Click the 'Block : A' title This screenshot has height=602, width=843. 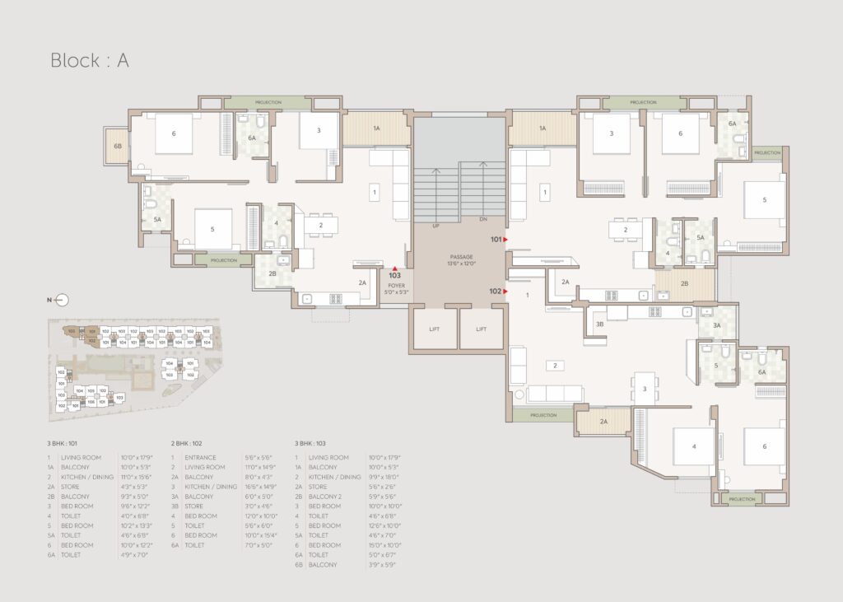(90, 60)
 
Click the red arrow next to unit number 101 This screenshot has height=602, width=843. (505, 240)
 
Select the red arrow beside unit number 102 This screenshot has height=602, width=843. (505, 291)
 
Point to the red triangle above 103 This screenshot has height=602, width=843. (395, 268)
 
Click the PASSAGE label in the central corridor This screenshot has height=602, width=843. (459, 257)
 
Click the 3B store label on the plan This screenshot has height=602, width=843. (600, 324)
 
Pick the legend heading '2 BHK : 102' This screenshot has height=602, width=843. (191, 443)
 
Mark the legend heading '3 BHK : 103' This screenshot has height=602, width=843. (315, 443)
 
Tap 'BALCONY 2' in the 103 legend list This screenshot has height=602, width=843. (327, 497)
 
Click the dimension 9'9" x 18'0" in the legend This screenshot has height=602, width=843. (384, 477)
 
